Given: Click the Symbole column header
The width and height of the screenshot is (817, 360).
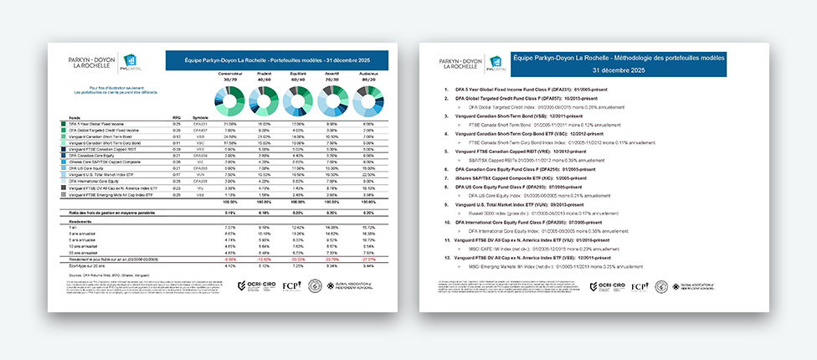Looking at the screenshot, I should point(200,117).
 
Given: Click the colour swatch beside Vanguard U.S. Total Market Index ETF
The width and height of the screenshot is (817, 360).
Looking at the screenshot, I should point(64,175).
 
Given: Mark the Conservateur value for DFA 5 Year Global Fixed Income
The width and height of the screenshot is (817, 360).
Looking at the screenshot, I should point(227,124).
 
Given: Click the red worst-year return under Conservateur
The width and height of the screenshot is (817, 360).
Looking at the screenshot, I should point(227,260).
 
